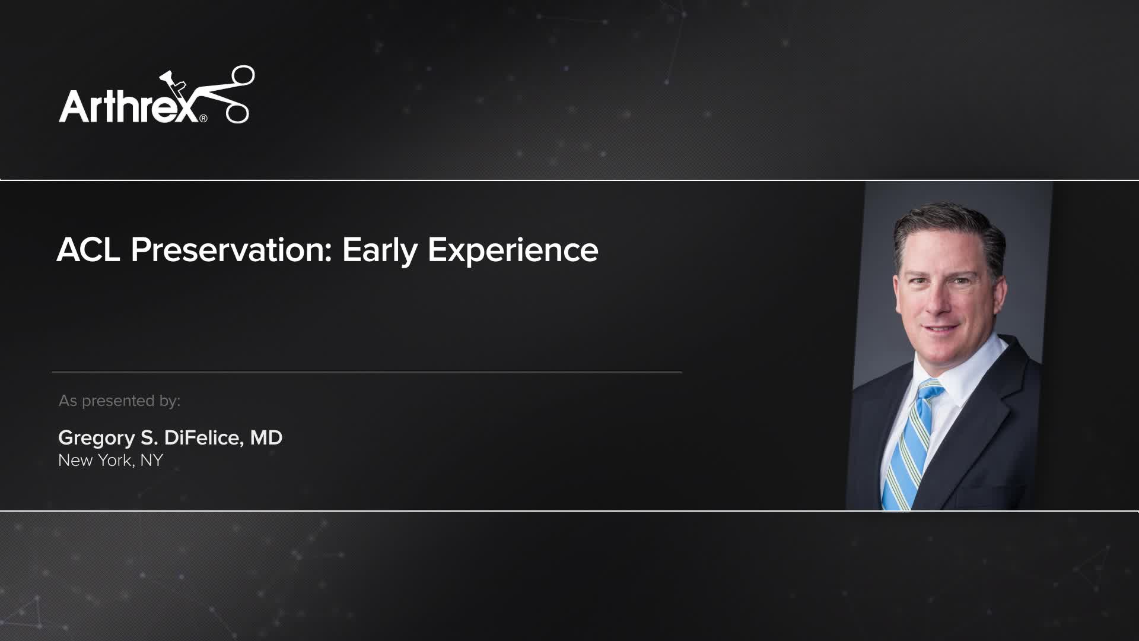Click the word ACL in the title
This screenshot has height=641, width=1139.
(88, 250)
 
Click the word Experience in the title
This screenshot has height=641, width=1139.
(513, 250)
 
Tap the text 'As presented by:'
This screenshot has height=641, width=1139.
(119, 401)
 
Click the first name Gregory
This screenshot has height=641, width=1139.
(97, 438)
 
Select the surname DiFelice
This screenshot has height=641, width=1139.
(202, 438)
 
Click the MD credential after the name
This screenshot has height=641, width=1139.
(266, 438)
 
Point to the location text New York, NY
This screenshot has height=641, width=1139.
(110, 461)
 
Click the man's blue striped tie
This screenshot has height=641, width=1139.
(908, 451)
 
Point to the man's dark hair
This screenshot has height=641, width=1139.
(949, 229)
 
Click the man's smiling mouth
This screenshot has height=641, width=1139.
(942, 328)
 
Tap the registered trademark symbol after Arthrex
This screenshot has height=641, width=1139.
(203, 119)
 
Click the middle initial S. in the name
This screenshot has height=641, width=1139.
(149, 438)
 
